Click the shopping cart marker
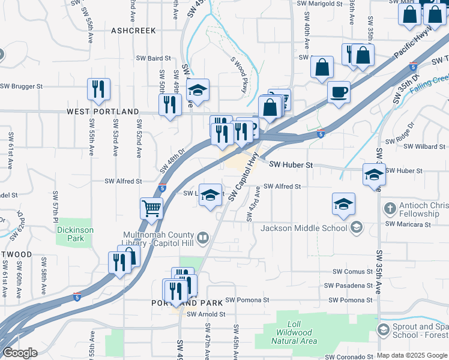click(152, 209)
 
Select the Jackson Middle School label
click(304, 227)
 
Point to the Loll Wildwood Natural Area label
click(294, 336)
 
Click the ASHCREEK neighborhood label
click(133, 30)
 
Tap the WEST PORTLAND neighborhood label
click(103, 112)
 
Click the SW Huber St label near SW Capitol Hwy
click(291, 164)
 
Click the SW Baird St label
click(151, 59)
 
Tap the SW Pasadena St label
click(349, 286)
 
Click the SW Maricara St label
click(408, 224)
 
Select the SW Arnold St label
click(205, 314)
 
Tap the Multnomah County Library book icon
click(202, 239)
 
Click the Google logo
click(19, 353)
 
